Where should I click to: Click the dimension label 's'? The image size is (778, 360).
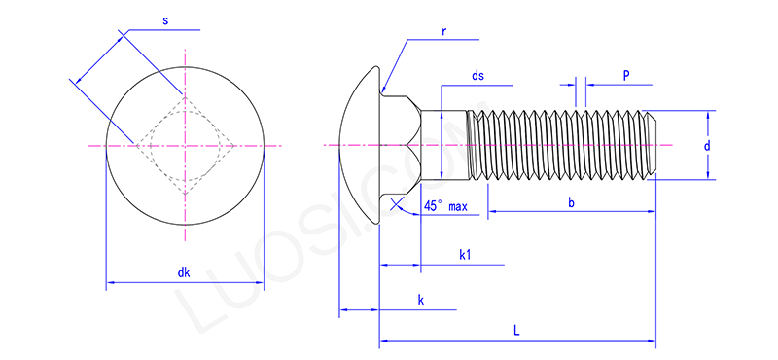point(164,19)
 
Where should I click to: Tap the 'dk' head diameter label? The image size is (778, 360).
point(184,272)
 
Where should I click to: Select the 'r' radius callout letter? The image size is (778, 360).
point(443,30)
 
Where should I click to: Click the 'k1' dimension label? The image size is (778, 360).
point(465,254)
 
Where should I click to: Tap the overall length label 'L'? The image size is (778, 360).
point(516,331)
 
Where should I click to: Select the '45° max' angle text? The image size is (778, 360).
point(446,207)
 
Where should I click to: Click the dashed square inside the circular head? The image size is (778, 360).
point(184,146)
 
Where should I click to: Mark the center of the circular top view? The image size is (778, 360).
point(184,146)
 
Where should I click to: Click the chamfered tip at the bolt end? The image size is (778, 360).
point(653,146)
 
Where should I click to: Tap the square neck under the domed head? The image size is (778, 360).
point(401,146)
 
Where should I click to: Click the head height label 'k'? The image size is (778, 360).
point(420,301)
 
